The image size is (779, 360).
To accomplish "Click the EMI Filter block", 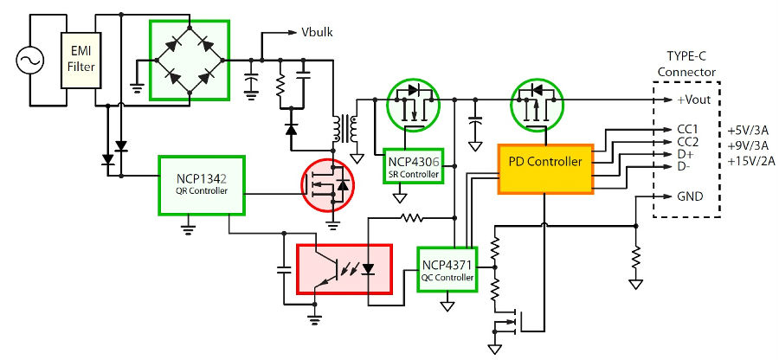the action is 81,60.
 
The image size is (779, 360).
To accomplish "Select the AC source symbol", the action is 30,60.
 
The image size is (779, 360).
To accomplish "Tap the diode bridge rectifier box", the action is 190,60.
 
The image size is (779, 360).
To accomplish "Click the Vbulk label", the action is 317,33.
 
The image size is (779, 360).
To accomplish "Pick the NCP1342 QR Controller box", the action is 202,185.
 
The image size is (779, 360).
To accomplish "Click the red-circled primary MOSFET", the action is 327,185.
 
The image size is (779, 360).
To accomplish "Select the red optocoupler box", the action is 344,268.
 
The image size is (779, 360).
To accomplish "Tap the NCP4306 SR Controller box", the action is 414,165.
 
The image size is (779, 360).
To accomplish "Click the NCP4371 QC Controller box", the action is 447,268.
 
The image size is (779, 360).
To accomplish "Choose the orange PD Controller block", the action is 545,169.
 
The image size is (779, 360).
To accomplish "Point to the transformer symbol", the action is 344,129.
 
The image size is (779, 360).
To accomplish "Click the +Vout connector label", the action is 694,100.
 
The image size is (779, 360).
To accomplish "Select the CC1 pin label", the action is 687,130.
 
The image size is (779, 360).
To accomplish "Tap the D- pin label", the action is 685,166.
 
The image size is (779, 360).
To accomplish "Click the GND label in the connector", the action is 690,196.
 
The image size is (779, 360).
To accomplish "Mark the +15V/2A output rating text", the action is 751,161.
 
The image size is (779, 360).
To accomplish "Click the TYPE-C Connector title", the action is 686,63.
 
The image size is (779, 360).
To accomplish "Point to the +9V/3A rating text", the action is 749,146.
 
